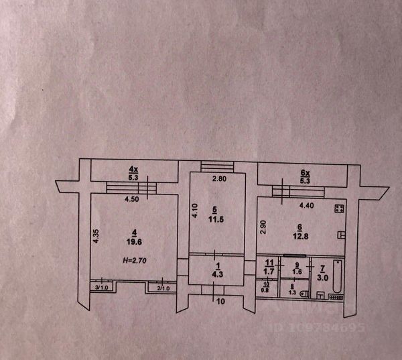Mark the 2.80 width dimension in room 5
click(220, 179)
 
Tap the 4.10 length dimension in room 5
click(194, 213)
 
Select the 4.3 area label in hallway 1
click(214, 274)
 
